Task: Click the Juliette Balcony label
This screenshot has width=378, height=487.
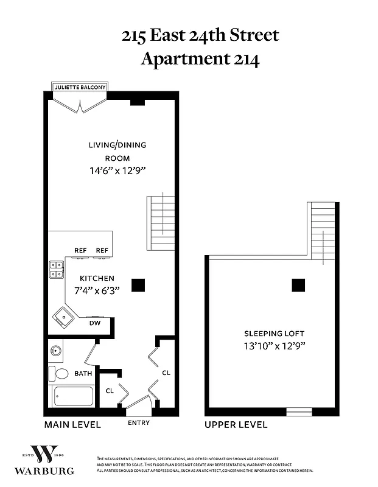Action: pos(80,87)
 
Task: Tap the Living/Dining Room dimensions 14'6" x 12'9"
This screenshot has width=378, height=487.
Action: pos(117,171)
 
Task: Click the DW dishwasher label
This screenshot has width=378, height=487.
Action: pos(94,323)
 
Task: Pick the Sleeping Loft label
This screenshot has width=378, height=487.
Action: pos(275,334)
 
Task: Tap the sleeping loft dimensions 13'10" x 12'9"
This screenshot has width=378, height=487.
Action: pos(274,346)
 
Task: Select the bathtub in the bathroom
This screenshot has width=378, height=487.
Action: pos(73,397)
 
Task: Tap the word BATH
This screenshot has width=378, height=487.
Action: pos(83,373)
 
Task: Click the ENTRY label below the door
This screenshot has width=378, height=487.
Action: pos(139,423)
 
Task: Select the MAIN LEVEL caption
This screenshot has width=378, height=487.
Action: pos(72,425)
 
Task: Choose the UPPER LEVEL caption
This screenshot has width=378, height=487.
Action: pos(236,425)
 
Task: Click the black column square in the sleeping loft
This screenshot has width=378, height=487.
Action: pos(298,285)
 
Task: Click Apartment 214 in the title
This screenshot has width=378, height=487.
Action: pos(200,59)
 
